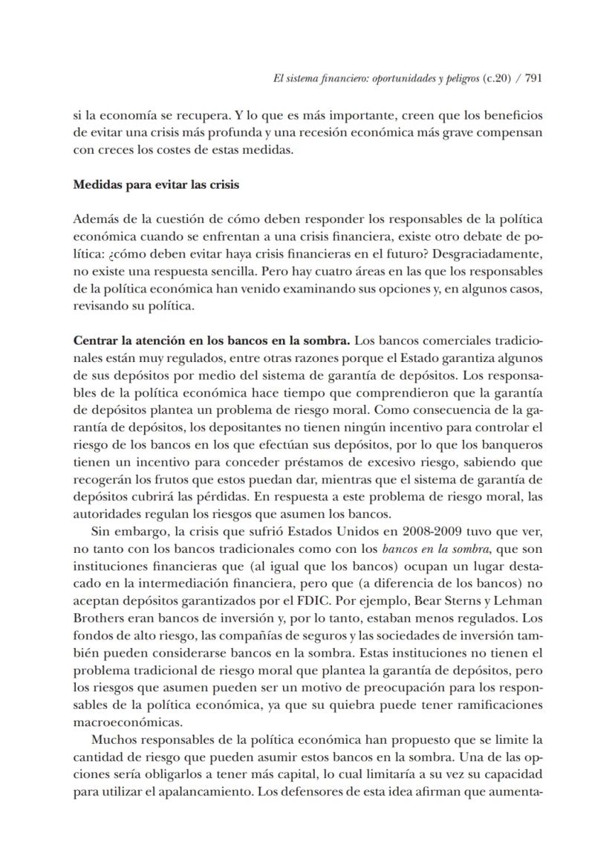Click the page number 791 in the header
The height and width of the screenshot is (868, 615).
(x=533, y=78)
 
